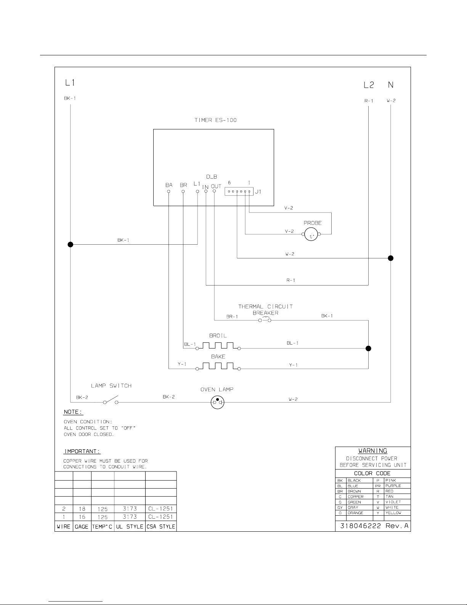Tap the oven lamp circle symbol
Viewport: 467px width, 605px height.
coord(217,402)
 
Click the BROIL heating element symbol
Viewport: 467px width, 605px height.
coord(218,346)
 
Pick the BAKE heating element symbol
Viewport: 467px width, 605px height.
coord(218,366)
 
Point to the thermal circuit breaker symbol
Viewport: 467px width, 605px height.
coord(265,319)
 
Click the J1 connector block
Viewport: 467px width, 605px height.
coord(239,192)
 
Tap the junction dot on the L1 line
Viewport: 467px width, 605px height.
coord(70,244)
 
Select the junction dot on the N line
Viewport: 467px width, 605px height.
coord(390,258)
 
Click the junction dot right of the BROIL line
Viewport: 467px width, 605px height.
coord(368,348)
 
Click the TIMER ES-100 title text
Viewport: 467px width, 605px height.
coord(215,120)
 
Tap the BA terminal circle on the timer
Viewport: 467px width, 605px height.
coord(169,192)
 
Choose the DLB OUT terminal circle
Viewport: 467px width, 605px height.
coord(214,191)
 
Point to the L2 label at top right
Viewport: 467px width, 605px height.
coord(369,85)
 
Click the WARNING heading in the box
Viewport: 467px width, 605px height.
coord(372,451)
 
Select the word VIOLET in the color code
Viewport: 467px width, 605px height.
coord(393,502)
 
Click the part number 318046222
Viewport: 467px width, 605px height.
coord(361,526)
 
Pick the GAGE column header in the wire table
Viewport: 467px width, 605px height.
coord(82,527)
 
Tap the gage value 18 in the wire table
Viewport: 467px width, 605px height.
coord(82,509)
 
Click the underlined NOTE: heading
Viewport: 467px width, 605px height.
coord(73,412)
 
